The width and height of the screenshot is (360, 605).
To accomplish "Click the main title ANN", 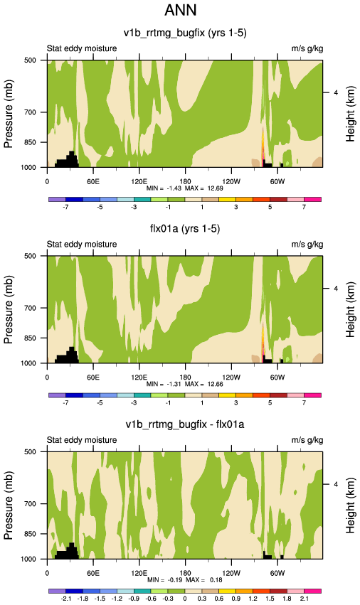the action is [181, 10].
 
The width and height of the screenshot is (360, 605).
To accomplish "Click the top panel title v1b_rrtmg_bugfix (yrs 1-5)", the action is [185, 33].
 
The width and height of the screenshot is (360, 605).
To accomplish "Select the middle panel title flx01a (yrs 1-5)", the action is [185, 229].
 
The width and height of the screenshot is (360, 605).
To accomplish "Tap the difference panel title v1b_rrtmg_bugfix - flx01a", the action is [185, 424].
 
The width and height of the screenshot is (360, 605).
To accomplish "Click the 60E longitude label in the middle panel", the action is [92, 378].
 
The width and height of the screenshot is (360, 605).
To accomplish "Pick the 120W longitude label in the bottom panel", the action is [231, 573].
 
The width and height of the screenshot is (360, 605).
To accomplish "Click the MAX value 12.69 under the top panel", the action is [215, 188].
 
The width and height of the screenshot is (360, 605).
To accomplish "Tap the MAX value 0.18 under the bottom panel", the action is [216, 580].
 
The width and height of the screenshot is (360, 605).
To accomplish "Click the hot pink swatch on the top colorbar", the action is [313, 200].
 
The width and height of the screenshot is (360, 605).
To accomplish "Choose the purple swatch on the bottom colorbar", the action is [57, 591].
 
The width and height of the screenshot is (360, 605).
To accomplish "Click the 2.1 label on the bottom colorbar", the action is [304, 599].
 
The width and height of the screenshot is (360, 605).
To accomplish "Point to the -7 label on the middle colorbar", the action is [65, 403].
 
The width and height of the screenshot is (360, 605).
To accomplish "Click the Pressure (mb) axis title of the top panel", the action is [9, 114].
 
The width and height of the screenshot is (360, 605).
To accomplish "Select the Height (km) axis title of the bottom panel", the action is [350, 505].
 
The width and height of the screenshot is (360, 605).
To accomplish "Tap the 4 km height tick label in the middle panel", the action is [336, 289].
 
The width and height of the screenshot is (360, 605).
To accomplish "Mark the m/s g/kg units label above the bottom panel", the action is [307, 440].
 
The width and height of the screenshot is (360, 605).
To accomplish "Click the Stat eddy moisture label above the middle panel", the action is [82, 245].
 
